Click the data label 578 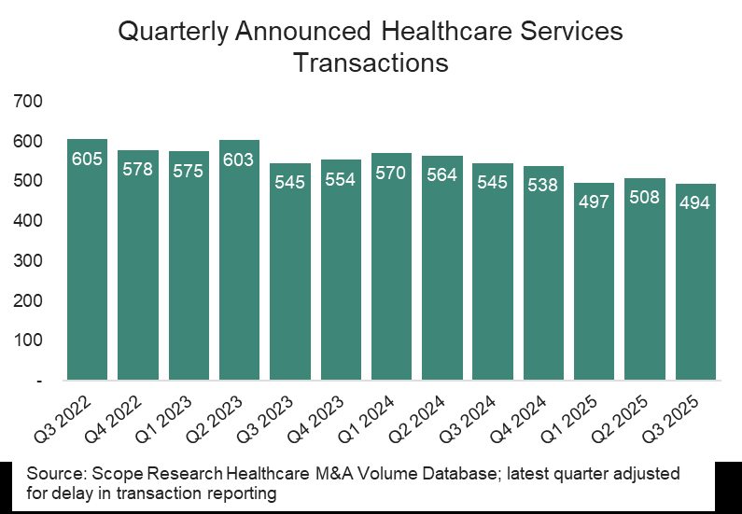pos(138,170)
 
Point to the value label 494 pos(696,203)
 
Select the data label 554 pos(341,180)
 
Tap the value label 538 pos(543,185)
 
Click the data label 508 pos(645,198)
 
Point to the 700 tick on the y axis pos(30,101)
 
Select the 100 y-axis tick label pos(30,340)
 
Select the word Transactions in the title pos(371,63)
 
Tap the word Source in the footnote pos(50,473)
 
